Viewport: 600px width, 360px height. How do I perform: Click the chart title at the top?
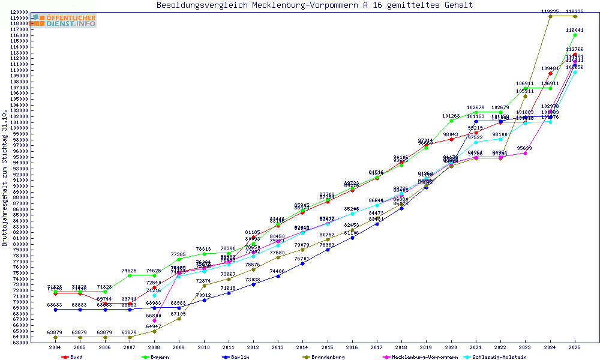pyautogui.click(x=314, y=5)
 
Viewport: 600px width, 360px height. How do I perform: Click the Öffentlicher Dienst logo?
pyautogui.click(x=64, y=21)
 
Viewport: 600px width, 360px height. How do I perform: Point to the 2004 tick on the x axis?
pyautogui.click(x=55, y=347)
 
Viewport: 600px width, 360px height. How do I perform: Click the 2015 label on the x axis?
pyautogui.click(x=327, y=347)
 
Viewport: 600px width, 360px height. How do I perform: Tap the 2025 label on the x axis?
pyautogui.click(x=575, y=347)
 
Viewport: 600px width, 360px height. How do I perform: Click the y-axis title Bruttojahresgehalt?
pyautogui.click(x=5, y=178)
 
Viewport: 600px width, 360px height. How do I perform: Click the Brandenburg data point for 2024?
pyautogui.click(x=550, y=16)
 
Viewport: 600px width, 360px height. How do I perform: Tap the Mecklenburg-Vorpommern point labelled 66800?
pyautogui.click(x=154, y=320)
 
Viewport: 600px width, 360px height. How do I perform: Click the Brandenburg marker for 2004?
pyautogui.click(x=55, y=337)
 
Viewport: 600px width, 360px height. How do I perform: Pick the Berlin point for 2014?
pyautogui.click(x=302, y=263)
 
